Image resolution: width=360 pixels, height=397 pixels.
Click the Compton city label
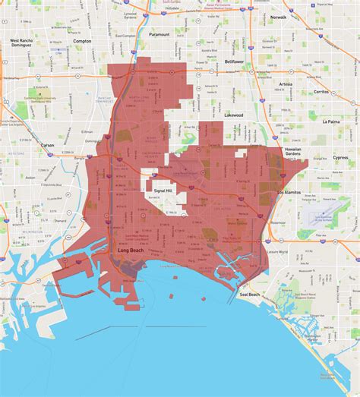tap(81, 42)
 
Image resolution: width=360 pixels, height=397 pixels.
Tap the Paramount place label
tap(159, 34)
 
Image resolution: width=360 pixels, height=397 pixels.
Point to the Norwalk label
tap(278, 16)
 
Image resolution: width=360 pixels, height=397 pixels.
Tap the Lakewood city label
tap(233, 115)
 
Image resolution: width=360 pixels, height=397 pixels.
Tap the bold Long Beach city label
tap(132, 250)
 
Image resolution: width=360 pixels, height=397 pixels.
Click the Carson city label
tap(48, 144)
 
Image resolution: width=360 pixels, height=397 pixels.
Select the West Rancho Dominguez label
tap(24, 43)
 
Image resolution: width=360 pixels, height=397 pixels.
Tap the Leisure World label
tap(278, 250)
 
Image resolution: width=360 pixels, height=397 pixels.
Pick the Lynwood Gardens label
tap(130, 15)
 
